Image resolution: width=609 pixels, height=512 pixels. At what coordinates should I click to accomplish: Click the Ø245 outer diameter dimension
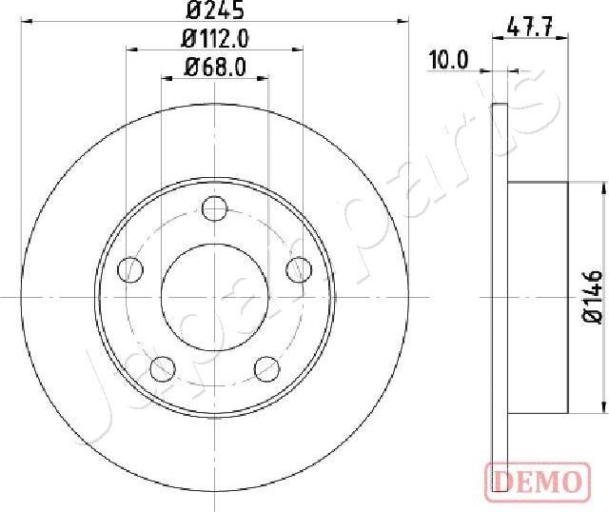click(x=215, y=11)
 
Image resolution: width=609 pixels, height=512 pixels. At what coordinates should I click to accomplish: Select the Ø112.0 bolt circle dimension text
click(x=215, y=39)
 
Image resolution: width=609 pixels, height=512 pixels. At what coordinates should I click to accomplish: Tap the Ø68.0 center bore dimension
click(x=215, y=67)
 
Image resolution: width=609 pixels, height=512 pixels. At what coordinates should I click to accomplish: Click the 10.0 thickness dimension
click(x=448, y=59)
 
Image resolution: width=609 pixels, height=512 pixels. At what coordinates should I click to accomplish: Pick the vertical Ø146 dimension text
click(x=592, y=297)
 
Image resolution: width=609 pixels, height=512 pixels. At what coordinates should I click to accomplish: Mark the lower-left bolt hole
click(x=164, y=366)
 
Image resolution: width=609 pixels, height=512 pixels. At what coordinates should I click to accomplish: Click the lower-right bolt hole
click(x=267, y=366)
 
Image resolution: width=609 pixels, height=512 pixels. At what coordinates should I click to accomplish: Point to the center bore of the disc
click(x=215, y=296)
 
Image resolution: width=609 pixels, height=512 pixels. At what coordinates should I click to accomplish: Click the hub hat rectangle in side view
click(x=537, y=297)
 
